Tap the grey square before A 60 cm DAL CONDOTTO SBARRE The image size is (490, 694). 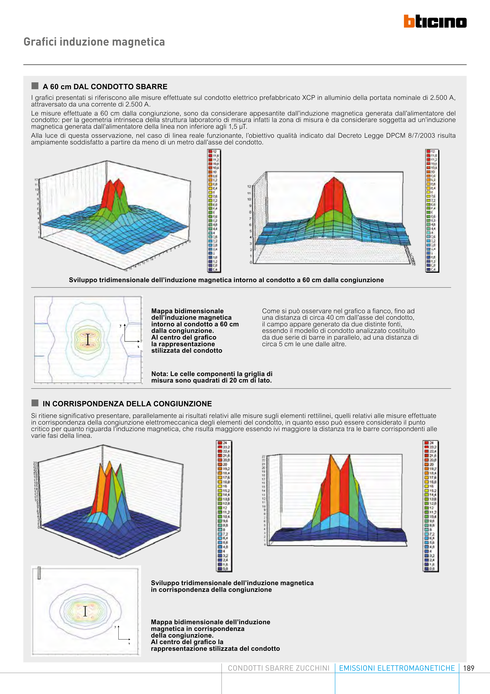[x=35, y=86]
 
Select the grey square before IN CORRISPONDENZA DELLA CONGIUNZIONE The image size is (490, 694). [x=35, y=403]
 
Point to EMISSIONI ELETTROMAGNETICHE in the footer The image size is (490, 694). [x=397, y=668]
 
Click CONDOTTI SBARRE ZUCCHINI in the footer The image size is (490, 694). [x=278, y=668]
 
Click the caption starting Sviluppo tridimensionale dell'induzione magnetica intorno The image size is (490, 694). [x=226, y=280]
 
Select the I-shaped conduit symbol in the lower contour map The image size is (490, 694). [x=85, y=611]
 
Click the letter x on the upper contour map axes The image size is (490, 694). [x=138, y=347]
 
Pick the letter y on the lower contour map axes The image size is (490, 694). [x=115, y=627]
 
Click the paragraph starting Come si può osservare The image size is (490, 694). [x=340, y=327]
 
